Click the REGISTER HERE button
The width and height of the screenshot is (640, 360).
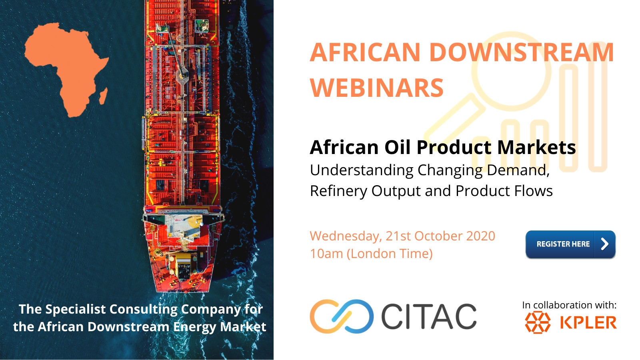[570, 244]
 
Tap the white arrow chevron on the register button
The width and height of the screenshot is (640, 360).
[604, 244]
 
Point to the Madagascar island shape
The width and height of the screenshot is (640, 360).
[104, 96]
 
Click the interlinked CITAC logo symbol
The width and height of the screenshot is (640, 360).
[342, 316]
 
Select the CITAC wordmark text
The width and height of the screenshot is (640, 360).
[429, 316]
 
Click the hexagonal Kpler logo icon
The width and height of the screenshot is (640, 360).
[538, 322]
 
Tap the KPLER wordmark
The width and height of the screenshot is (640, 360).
[588, 322]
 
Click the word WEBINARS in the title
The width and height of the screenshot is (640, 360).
[376, 88]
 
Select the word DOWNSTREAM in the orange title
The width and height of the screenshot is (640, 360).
[522, 52]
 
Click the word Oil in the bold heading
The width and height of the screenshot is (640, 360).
[398, 147]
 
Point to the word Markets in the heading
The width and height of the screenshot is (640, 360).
[536, 147]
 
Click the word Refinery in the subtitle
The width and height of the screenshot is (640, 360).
[338, 191]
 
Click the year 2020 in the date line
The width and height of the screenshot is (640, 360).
[480, 236]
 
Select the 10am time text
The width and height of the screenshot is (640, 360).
[326, 254]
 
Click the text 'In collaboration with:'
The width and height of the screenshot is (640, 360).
[570, 305]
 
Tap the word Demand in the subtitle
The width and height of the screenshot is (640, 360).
[518, 170]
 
